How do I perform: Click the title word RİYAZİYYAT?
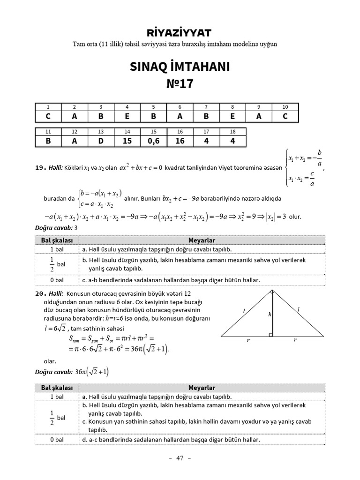point(180,32)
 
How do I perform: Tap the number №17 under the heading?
point(180,84)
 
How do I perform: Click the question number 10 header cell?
point(285,107)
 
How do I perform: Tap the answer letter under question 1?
point(48,116)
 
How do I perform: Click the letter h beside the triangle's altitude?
point(270,315)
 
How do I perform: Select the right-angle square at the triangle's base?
point(270,335)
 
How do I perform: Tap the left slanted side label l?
point(244,310)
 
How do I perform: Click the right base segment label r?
point(295,341)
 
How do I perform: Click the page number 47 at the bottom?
point(180,458)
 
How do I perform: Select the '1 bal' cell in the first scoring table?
point(57,249)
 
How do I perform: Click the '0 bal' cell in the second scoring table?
point(57,440)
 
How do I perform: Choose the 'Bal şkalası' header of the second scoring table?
point(57,388)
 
